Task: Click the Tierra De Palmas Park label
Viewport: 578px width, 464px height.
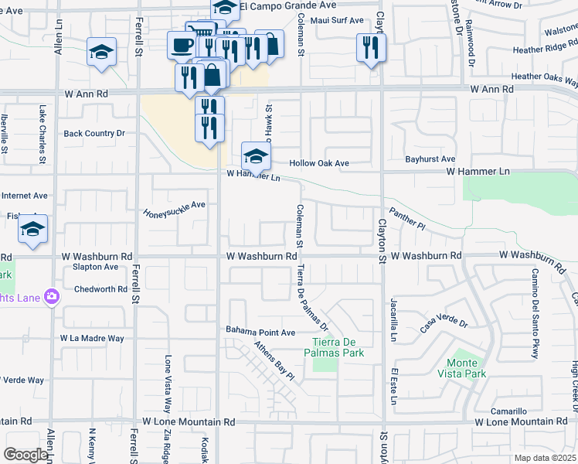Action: (338, 348)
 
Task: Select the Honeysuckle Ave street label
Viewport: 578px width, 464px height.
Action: (174, 209)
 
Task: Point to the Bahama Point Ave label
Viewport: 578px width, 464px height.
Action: (260, 332)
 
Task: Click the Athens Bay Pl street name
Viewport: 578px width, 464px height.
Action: (275, 362)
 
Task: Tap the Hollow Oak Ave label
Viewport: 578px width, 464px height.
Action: (319, 163)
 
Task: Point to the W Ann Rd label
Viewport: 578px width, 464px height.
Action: (86, 93)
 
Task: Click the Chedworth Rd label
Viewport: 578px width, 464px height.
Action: (100, 289)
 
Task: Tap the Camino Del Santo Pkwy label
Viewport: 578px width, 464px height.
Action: (534, 313)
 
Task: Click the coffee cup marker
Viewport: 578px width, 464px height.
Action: (182, 45)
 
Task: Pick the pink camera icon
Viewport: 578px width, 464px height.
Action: (52, 295)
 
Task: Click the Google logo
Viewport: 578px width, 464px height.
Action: (25, 455)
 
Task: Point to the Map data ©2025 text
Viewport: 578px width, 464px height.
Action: (544, 458)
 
